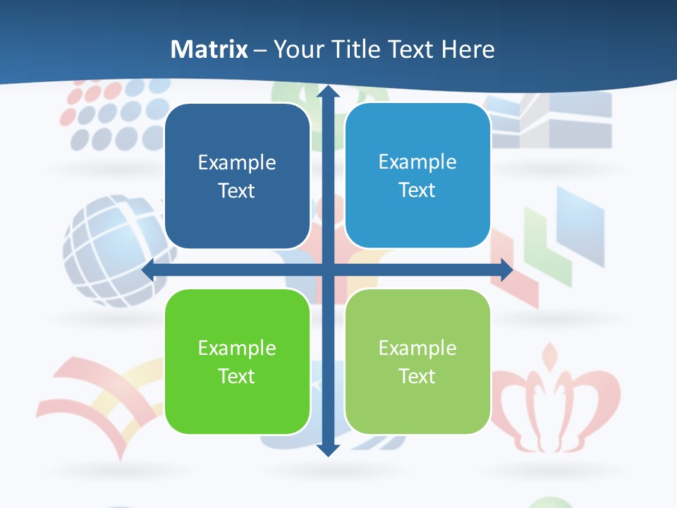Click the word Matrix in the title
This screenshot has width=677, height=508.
pos(209,49)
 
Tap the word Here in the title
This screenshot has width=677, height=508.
pos(468,49)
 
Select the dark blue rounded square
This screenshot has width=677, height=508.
pos(237,176)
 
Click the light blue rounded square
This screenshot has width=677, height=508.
pos(417,176)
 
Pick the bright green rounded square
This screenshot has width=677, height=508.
pos(237,361)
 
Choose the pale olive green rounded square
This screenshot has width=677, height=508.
pos(417,361)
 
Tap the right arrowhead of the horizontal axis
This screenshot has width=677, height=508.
pos(506,270)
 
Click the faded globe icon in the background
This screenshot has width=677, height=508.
pos(113,250)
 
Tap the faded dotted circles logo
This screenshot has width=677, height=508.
pos(113,113)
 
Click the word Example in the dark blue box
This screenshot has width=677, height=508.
pos(237,163)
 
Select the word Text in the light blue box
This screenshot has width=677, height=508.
pos(417,190)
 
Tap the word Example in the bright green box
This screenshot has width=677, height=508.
pos(237,348)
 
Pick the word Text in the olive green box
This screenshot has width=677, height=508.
pos(417,376)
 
